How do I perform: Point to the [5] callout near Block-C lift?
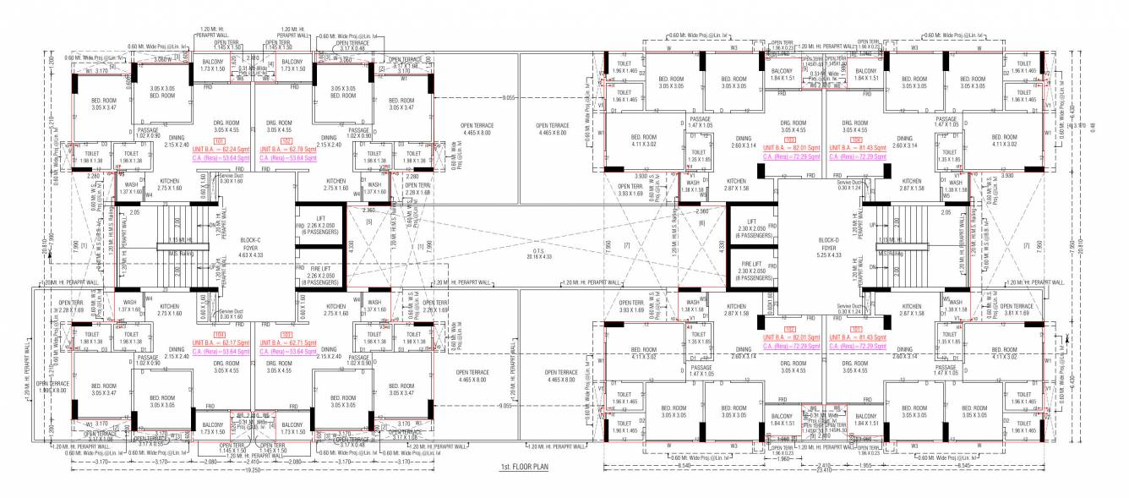(x=369, y=222)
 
